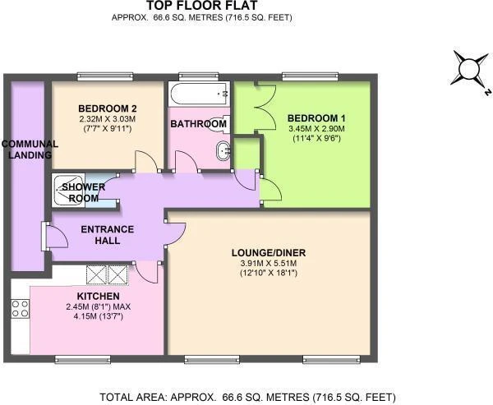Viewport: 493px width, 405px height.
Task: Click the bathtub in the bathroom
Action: coord(199,90)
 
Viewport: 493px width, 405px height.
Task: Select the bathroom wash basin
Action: coord(223,151)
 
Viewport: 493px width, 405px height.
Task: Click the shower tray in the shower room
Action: coord(68,191)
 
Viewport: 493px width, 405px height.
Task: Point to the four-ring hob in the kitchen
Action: coord(21,308)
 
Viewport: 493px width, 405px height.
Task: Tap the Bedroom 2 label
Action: coord(108,108)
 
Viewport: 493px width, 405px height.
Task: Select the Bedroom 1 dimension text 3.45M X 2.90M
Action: coord(316,129)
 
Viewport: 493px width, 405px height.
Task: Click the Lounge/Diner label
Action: coord(269,253)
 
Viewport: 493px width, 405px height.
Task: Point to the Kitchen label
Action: coord(98,297)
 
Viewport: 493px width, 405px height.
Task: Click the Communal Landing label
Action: coord(30,150)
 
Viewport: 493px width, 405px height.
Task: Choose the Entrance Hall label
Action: coord(107,235)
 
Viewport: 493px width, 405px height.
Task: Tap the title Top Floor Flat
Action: coord(202,6)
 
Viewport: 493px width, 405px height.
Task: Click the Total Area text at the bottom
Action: coord(247,397)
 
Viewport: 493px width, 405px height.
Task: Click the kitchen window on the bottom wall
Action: coord(83,359)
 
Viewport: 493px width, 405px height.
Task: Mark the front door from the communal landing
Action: coord(56,236)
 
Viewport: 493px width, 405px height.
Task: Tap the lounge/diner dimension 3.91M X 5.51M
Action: coord(269,264)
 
